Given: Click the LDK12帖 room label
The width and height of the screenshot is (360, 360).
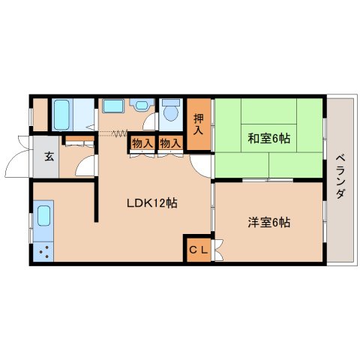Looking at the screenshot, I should pyautogui.click(x=151, y=202).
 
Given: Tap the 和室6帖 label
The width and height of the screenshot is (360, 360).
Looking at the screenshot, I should pyautogui.click(x=268, y=138).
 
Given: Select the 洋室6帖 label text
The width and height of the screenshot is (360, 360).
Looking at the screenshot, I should pyautogui.click(x=268, y=222).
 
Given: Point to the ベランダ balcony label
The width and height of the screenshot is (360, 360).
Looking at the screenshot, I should pyautogui.click(x=340, y=177).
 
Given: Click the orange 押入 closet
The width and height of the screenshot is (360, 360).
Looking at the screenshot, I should pyautogui.click(x=198, y=123).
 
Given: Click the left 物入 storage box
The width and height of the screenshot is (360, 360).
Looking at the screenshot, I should pyautogui.click(x=141, y=143).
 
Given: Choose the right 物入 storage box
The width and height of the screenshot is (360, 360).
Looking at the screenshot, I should pyautogui.click(x=169, y=143).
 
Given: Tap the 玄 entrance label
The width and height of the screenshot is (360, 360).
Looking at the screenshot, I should pyautogui.click(x=47, y=157).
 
